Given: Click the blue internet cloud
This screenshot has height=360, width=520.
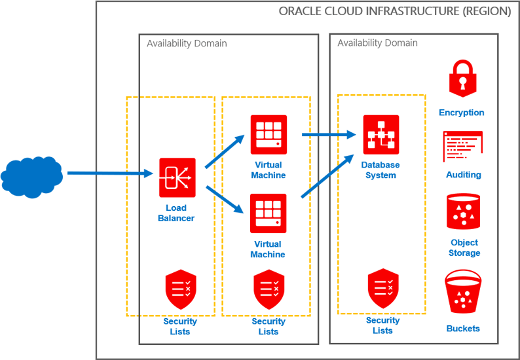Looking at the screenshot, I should click(x=31, y=175).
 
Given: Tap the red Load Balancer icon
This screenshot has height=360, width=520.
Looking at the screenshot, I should click(x=177, y=177).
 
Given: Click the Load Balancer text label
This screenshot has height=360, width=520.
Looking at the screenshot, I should click(x=177, y=212).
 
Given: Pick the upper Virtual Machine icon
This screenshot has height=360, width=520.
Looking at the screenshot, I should click(x=269, y=134).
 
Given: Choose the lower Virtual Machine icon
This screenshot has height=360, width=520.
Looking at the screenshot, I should click(x=268, y=213).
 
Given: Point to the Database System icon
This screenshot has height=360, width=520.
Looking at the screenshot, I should click(x=381, y=134).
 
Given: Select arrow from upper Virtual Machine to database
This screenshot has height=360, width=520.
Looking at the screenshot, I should click(x=324, y=135).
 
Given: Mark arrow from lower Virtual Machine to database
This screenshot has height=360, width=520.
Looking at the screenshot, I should click(x=322, y=178).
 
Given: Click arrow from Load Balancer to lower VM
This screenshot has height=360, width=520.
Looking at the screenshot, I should click(x=225, y=200).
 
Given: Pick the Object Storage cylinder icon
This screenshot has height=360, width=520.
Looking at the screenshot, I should click(x=464, y=211).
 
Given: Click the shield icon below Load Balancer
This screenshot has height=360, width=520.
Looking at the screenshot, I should click(x=180, y=289).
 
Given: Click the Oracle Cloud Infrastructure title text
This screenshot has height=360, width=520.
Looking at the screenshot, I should click(x=394, y=11).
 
